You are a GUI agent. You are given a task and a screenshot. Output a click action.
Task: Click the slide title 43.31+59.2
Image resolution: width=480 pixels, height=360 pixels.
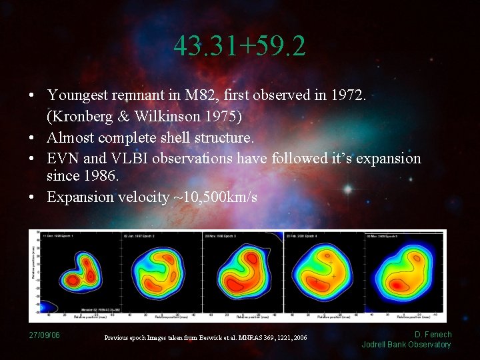(240, 46)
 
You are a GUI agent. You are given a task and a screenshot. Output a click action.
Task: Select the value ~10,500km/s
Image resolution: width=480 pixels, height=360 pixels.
(214, 197)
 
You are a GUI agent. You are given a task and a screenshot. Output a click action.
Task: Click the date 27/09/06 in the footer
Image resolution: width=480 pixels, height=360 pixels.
(44, 335)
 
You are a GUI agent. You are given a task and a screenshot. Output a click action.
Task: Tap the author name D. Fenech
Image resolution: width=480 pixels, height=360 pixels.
(433, 335)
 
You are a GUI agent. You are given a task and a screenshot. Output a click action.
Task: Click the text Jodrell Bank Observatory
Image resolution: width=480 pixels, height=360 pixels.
(406, 345)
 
